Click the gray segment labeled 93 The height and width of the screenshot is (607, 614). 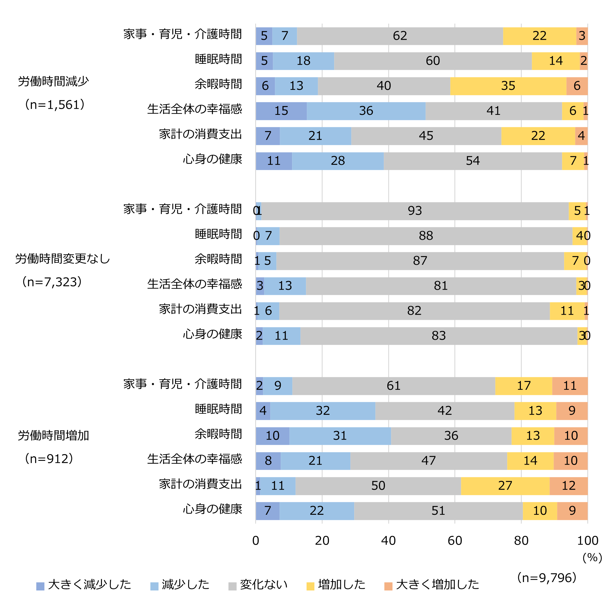[415, 211]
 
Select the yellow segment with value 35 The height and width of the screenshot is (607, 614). [508, 86]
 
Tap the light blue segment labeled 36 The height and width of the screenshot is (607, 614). [366, 111]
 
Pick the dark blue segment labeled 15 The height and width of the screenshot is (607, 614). [281, 111]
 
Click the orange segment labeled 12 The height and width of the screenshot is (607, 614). [568, 486]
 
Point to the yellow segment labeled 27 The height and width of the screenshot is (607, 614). [505, 486]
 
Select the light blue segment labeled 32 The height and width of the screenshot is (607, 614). [323, 411]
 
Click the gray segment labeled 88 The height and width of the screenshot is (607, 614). [426, 236]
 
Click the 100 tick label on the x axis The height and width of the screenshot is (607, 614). [587, 541]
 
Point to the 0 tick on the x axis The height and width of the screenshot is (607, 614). [255, 541]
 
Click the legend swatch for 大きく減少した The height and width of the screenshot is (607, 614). [40, 586]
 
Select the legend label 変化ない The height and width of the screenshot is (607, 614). [264, 584]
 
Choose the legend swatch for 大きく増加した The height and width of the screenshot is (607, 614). [388, 586]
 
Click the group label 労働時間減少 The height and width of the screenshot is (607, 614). [53, 81]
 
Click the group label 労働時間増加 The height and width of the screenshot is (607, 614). [53, 436]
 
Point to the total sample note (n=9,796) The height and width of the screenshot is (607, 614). [547, 578]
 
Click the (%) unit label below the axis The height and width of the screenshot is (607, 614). [592, 558]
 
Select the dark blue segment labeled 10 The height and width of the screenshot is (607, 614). [272, 436]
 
